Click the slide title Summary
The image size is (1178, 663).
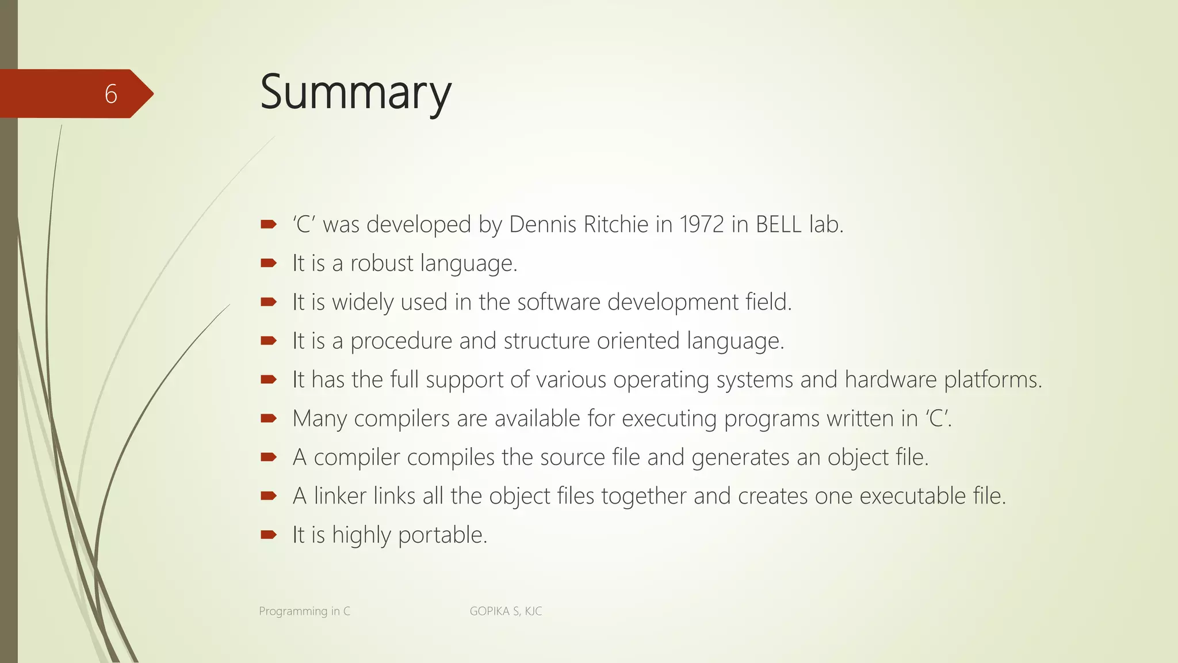pos(355,93)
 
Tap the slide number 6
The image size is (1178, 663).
pos(111,94)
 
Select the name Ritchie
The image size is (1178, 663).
pos(616,224)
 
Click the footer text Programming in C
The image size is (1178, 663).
pos(304,611)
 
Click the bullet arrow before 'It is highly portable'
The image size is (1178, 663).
pos(269,535)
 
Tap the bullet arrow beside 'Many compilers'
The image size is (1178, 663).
pos(269,418)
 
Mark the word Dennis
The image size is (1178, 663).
pos(542,224)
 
